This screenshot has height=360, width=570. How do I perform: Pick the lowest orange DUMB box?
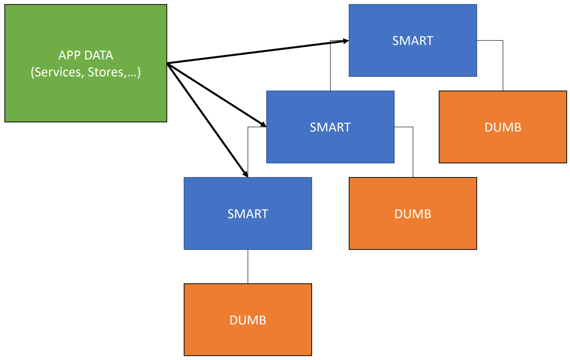tap(248, 320)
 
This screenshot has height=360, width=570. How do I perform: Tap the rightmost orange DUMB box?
tap(503, 127)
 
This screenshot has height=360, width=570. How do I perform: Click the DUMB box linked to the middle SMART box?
tap(413, 213)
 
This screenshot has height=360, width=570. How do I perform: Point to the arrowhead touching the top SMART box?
tap(345, 41)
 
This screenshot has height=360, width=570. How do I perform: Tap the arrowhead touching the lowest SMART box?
tap(245, 173)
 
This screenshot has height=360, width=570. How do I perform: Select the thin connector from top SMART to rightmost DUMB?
tap(503, 66)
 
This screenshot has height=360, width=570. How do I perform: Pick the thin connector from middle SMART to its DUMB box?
tap(413, 152)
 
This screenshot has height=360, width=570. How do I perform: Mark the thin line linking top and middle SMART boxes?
tap(330, 66)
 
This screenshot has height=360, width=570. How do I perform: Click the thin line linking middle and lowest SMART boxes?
tap(248, 150)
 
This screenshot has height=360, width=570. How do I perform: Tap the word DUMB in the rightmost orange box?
tap(503, 127)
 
